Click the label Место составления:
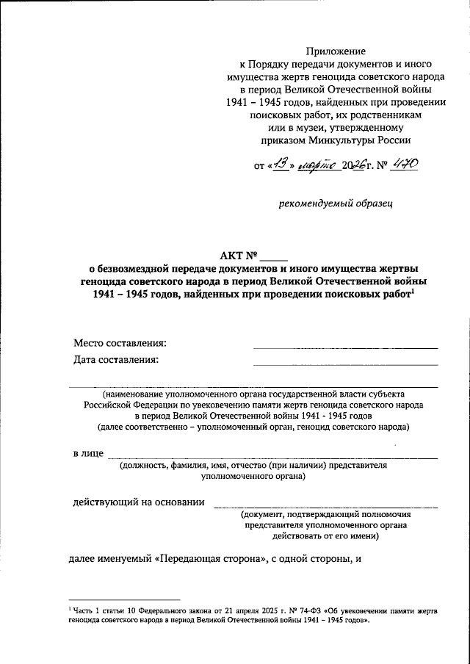pos(120,343)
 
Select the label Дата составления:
pos(116,360)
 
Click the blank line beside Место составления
pos(345,347)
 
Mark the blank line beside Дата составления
pos(345,364)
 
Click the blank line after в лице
pos(272,458)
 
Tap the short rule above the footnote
pos(124,599)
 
